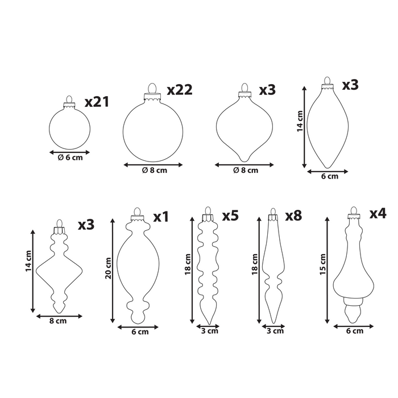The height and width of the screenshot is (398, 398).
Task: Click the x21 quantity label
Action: pyautogui.click(x=97, y=102)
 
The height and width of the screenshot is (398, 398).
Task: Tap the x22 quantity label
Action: pyautogui.click(x=180, y=90)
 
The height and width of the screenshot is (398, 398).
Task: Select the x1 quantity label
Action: pyautogui.click(x=161, y=217)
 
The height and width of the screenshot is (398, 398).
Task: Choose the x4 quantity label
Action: pyautogui.click(x=378, y=214)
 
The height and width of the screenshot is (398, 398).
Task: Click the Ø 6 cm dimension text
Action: pyautogui.click(x=71, y=159)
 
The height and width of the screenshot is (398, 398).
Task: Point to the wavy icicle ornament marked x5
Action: pyautogui.click(x=207, y=267)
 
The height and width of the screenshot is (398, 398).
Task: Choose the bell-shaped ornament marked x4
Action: pyautogui.click(x=354, y=273)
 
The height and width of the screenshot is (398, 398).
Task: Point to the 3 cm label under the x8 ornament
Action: pyautogui.click(x=275, y=331)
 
